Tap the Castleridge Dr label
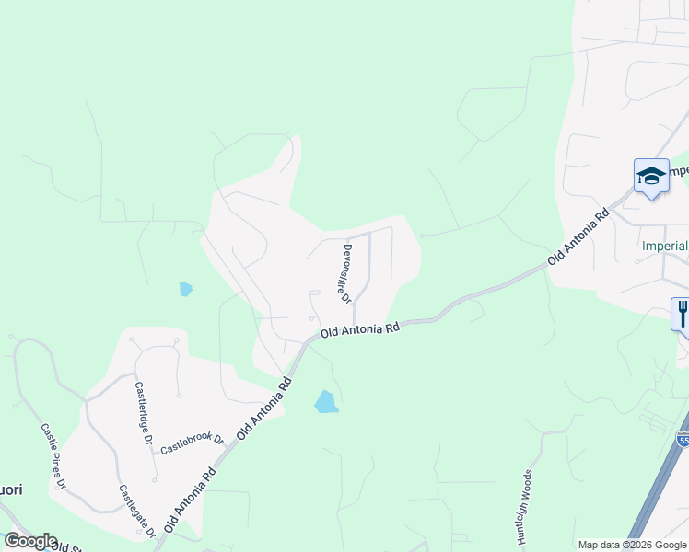tap(144, 414)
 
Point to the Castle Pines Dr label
tap(53, 455)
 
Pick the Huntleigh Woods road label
tap(524, 505)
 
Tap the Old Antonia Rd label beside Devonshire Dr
tap(360, 329)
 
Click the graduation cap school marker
tap(651, 177)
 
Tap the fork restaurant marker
tap(682, 315)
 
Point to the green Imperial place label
tap(665, 246)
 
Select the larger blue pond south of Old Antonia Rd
tap(325, 402)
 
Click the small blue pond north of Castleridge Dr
tap(186, 289)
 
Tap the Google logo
tap(29, 541)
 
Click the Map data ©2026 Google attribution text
tap(632, 545)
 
